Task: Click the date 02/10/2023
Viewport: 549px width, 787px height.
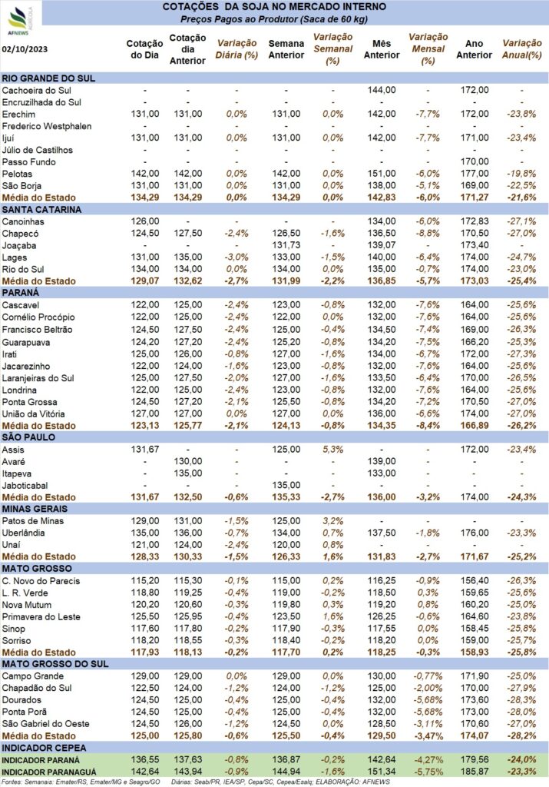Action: (x=25, y=49)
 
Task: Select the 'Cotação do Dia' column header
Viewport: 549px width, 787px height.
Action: (x=144, y=49)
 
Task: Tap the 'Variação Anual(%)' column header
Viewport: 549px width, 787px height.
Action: (x=522, y=49)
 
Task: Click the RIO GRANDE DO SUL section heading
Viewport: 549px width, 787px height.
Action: (x=48, y=78)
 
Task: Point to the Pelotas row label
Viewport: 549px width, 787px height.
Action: (x=17, y=174)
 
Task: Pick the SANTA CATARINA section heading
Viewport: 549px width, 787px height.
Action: (x=41, y=210)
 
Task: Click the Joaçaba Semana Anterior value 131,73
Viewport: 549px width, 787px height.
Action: (x=286, y=245)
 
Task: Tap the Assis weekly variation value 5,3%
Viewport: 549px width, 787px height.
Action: (x=333, y=449)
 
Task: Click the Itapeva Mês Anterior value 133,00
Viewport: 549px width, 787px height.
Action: (x=382, y=473)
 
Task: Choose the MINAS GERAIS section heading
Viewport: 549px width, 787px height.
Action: (x=35, y=509)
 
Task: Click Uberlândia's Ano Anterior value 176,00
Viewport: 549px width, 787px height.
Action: (x=475, y=533)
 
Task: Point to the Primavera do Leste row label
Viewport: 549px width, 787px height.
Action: (x=41, y=617)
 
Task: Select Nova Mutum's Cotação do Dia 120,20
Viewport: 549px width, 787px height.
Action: (x=145, y=605)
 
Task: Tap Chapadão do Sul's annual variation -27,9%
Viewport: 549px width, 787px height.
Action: (x=521, y=688)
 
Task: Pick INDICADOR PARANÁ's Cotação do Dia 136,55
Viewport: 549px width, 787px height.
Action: (x=145, y=760)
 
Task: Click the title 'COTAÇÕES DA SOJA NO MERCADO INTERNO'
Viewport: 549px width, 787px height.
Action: (x=274, y=7)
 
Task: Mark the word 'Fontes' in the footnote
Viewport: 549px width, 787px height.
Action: (x=11, y=782)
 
